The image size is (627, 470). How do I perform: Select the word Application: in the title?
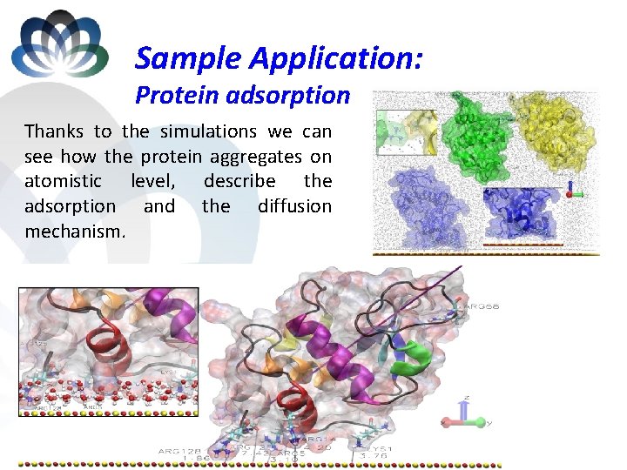337,58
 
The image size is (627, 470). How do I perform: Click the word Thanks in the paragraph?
54,131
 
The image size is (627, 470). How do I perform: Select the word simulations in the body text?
206,131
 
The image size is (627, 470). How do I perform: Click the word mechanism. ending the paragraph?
75,232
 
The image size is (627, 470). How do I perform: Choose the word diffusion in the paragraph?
294,206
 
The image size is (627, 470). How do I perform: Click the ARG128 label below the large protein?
179,451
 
